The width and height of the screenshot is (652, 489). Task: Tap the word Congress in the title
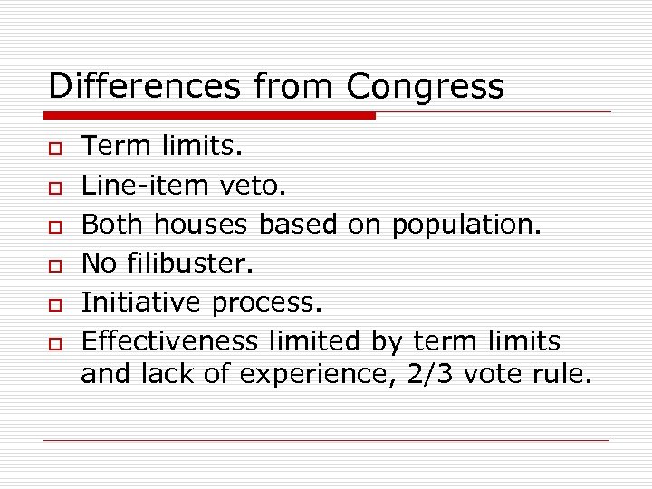tap(425, 87)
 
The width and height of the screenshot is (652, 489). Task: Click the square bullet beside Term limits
tap(55, 146)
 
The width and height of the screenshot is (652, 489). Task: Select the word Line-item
tap(148, 185)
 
